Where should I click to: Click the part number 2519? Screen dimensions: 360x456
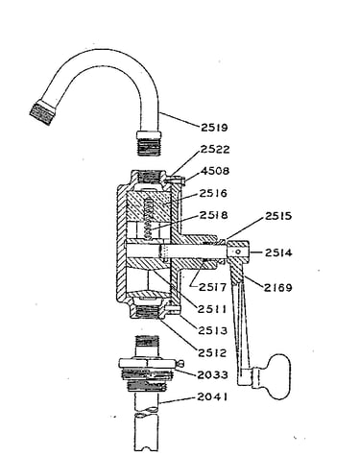click(214, 128)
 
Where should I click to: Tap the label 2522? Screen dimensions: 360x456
click(215, 150)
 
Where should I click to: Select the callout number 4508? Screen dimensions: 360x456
click(215, 171)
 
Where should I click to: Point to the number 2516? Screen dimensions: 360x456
click(213, 193)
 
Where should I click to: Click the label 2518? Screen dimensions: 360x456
click(214, 215)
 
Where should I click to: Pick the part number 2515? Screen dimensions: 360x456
click(278, 216)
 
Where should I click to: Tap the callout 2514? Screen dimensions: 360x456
click(278, 252)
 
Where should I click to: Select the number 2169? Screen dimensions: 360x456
click(278, 288)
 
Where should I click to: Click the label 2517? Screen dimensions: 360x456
click(212, 287)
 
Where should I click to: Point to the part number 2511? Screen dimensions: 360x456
click(212, 309)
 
